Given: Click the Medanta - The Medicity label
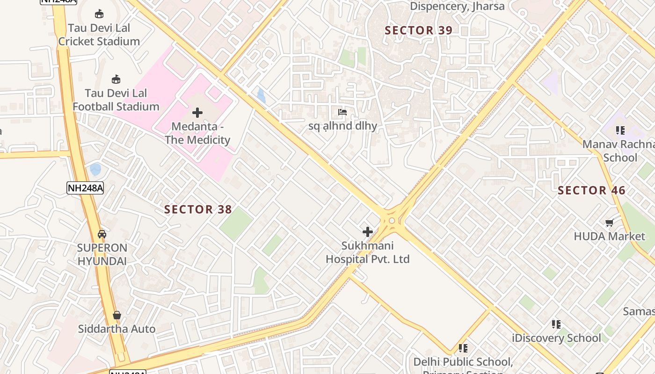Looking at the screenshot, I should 197,133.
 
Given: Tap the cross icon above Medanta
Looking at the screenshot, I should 197,113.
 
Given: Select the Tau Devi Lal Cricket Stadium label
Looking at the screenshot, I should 99,35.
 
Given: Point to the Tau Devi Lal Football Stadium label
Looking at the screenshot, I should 116,100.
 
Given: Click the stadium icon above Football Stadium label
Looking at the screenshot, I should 116,79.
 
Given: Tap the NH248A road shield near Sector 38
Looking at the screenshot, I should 85,188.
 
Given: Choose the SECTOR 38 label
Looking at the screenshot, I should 198,209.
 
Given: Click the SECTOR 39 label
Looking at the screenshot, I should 418,30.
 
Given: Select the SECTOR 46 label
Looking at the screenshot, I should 591,190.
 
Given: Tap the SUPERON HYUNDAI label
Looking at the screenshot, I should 102,254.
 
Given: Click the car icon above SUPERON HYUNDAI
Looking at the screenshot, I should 102,234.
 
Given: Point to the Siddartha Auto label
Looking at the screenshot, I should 116,329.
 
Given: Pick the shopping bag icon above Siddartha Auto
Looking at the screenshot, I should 117,316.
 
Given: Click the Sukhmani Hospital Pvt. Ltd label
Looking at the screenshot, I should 368,252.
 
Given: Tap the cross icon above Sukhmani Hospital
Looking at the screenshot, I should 368,231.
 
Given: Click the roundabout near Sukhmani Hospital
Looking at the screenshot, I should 392,220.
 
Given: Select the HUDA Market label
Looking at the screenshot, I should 609,236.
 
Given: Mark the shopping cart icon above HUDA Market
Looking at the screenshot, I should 609,223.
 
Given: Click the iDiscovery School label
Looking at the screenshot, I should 556,338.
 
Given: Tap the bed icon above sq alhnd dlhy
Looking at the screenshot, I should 342,112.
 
